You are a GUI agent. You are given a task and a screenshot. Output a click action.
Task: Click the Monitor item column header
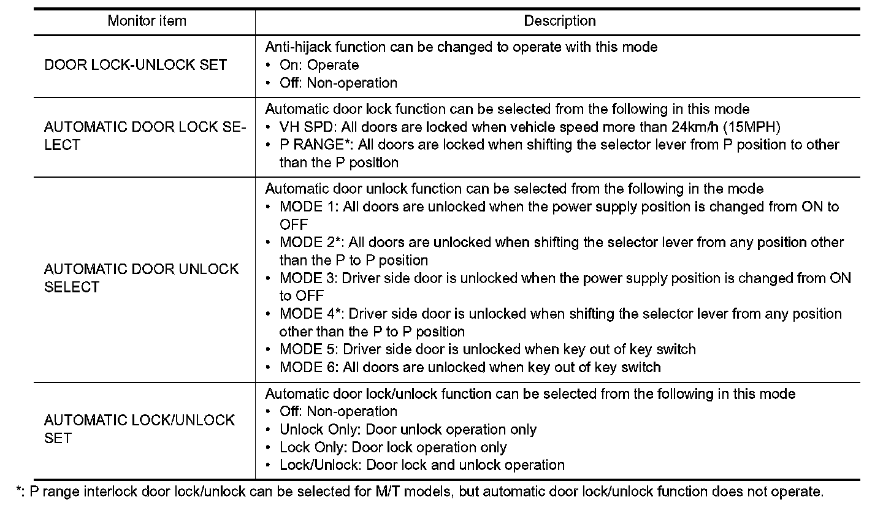[x=147, y=21]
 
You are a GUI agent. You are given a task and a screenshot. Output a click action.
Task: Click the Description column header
[x=559, y=21]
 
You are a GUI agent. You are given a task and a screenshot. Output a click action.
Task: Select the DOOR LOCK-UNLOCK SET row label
[x=136, y=65]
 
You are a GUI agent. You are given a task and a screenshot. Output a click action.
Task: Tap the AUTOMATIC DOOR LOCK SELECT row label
[x=145, y=136]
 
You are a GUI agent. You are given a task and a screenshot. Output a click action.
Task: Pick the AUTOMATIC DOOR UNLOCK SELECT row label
[x=142, y=278]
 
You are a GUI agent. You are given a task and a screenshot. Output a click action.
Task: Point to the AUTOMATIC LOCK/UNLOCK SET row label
[x=140, y=429]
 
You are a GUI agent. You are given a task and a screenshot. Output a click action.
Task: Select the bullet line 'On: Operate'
[x=319, y=65]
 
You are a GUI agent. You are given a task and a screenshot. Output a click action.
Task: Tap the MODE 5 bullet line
[x=487, y=349]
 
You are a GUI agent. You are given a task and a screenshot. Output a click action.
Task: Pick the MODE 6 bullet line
[x=470, y=367]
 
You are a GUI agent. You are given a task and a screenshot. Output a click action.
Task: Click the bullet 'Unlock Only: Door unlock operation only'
[x=408, y=430]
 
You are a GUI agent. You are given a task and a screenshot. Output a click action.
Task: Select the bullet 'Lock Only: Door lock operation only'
[x=393, y=447]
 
